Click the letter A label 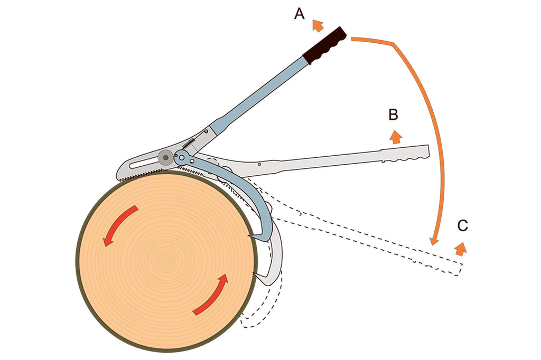click(x=300, y=14)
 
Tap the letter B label click(x=393, y=114)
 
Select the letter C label click(x=462, y=226)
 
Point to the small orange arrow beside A click(x=318, y=25)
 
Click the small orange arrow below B click(x=395, y=136)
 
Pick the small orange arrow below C click(x=461, y=248)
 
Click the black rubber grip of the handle click(x=325, y=45)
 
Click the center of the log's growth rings click(x=167, y=260)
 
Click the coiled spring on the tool click(x=192, y=143)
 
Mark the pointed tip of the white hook click(x=255, y=273)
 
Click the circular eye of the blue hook click(x=182, y=156)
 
